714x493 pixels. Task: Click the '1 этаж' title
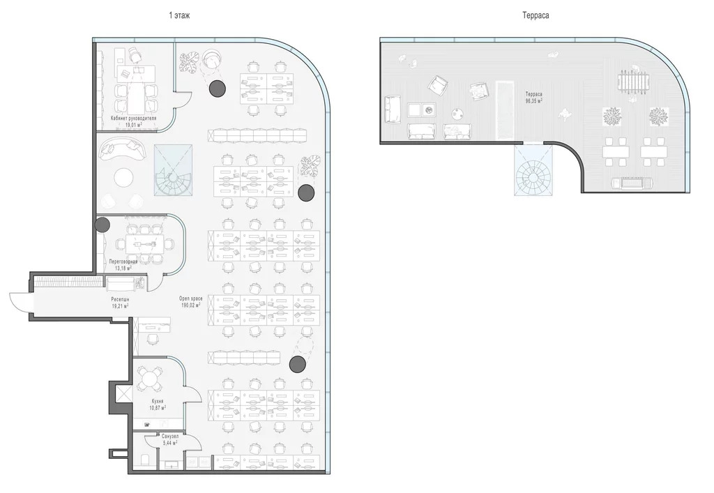coord(179,15)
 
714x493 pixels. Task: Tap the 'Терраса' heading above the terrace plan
coord(535,15)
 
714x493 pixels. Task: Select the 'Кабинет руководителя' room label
coord(133,119)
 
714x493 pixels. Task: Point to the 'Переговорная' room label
coord(123,262)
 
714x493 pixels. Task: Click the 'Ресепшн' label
coord(120,300)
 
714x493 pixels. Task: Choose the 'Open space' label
coord(190,298)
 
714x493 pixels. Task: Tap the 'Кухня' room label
coord(158,402)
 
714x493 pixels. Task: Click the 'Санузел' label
coord(170,436)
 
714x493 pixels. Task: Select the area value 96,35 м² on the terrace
coord(533,100)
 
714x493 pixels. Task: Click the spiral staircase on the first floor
coord(173,171)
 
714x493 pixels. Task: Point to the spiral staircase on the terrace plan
coord(534,170)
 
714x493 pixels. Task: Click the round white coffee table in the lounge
coord(123,178)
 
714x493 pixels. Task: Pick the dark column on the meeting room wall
coord(102,225)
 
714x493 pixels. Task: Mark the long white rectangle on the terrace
coord(505,110)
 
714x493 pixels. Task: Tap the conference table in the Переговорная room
coord(144,245)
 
